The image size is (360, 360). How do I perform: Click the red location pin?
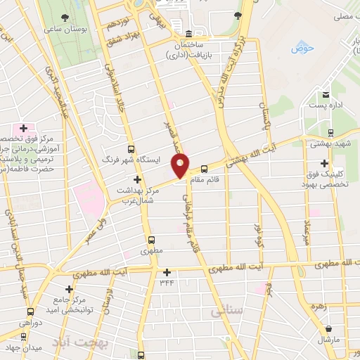coord(181,165)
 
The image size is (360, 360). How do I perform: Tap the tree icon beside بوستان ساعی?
coord(65,18)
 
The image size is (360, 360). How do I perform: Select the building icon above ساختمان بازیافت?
coord(188,34)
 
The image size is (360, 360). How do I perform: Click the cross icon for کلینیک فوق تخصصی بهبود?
coord(324,164)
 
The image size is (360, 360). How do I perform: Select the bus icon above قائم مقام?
coord(205,169)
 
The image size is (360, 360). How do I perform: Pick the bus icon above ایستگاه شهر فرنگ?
coord(130,148)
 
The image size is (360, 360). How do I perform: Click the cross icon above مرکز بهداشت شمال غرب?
coord(137,179)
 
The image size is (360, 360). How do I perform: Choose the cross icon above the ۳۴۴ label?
coord(167,272)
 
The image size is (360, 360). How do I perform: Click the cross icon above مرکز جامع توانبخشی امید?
coord(69,289)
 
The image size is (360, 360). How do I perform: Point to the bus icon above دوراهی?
coord(30,311)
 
